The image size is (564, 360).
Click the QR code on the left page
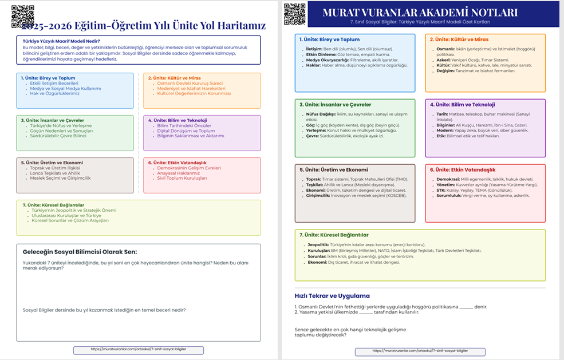pos(23,17)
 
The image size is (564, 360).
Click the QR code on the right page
pos(294,14)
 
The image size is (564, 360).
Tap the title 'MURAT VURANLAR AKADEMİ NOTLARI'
pos(420,13)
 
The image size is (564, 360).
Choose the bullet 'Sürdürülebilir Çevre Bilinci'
pos(58,136)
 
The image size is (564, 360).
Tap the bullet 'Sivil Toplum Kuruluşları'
pos(182,179)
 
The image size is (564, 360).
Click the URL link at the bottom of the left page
pos(139,350)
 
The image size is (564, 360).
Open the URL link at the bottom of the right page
pos(420,350)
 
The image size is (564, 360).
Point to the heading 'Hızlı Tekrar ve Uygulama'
pos(332,296)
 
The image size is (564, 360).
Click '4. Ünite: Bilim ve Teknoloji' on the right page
pos(462,105)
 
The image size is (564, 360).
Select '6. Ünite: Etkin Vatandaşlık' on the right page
pos(463,170)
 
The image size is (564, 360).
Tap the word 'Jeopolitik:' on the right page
pos(318,244)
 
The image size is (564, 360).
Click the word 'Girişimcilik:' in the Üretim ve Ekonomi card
pos(321,196)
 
